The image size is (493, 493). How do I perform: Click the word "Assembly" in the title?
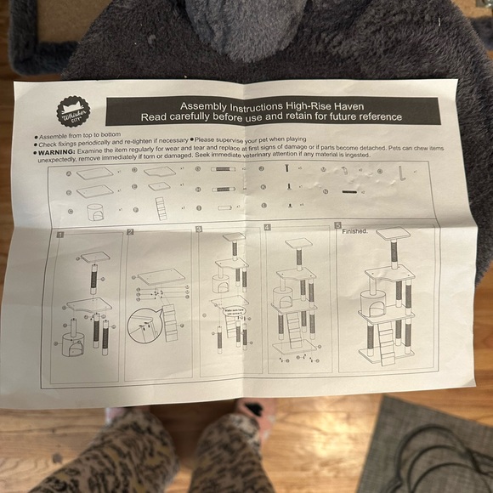[x=209, y=105]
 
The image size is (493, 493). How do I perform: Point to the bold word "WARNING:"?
[x=60, y=153]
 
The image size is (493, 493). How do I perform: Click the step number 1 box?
[x=59, y=233]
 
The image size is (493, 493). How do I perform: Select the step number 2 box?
[x=130, y=232]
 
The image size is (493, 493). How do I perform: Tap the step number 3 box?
[x=199, y=229]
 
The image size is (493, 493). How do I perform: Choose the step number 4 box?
[x=267, y=228]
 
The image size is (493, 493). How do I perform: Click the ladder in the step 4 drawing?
[x=293, y=327]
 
